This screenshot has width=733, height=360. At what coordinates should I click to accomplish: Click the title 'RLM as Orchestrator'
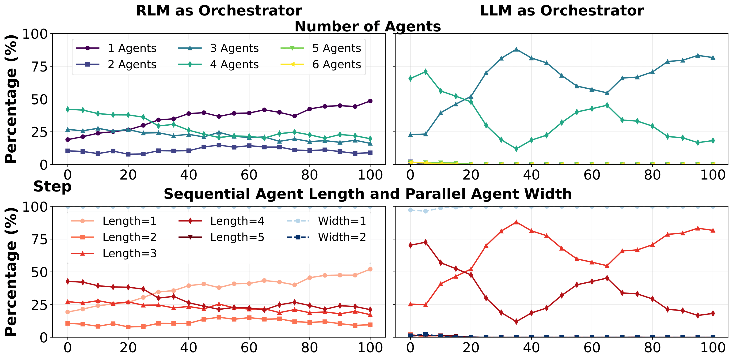(x=219, y=11)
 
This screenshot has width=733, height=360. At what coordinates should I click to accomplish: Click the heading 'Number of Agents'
(x=368, y=27)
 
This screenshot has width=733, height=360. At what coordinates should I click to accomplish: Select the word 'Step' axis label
(x=52, y=187)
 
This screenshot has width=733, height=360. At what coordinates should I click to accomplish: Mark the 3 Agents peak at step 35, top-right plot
(x=516, y=49)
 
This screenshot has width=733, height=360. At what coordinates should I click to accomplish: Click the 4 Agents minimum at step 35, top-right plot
(x=516, y=149)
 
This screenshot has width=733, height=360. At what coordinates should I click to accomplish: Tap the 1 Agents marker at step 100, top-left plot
(x=370, y=101)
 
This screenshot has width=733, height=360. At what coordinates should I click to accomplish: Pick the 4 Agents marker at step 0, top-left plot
(x=68, y=109)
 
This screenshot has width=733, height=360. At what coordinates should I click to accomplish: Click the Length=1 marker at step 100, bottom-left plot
(x=370, y=269)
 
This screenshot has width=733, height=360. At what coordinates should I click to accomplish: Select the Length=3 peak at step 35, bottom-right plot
(x=516, y=222)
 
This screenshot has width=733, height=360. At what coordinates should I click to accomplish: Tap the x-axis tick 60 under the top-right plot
(x=592, y=175)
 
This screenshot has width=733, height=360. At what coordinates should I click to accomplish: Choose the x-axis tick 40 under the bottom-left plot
(x=188, y=348)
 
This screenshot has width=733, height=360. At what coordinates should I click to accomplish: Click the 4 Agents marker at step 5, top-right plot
(x=425, y=71)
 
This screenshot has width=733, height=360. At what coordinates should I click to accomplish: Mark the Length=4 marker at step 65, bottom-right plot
(x=607, y=278)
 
